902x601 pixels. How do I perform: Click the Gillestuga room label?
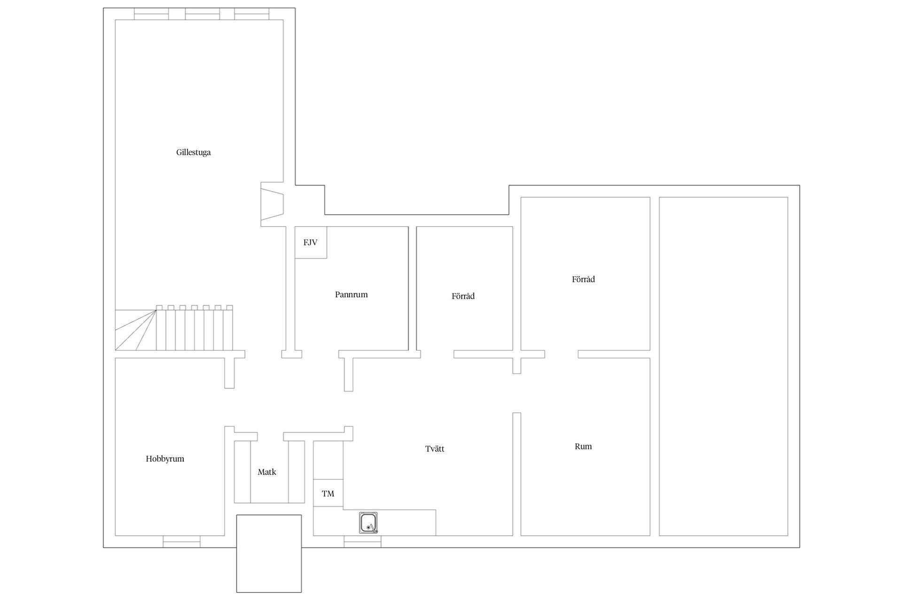coord(193,152)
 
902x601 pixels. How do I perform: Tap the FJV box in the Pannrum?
coord(311,242)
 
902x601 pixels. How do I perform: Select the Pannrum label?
coord(351,294)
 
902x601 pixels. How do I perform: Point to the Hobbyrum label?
coord(165,459)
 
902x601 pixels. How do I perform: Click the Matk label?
coord(267,472)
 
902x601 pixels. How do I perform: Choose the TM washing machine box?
coord(328,493)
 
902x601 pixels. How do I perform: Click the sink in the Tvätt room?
coord(368,523)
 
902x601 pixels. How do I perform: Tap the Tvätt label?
coord(435,448)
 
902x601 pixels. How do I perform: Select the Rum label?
coord(583,446)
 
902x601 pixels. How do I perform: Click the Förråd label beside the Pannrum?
coord(463,296)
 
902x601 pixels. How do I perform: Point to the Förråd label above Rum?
coord(583,279)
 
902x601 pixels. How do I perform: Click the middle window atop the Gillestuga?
coord(202,14)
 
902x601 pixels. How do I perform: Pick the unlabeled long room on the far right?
coord(723,366)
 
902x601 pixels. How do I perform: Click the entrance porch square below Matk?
coord(269,553)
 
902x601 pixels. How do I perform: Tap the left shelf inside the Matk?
coord(242,471)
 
